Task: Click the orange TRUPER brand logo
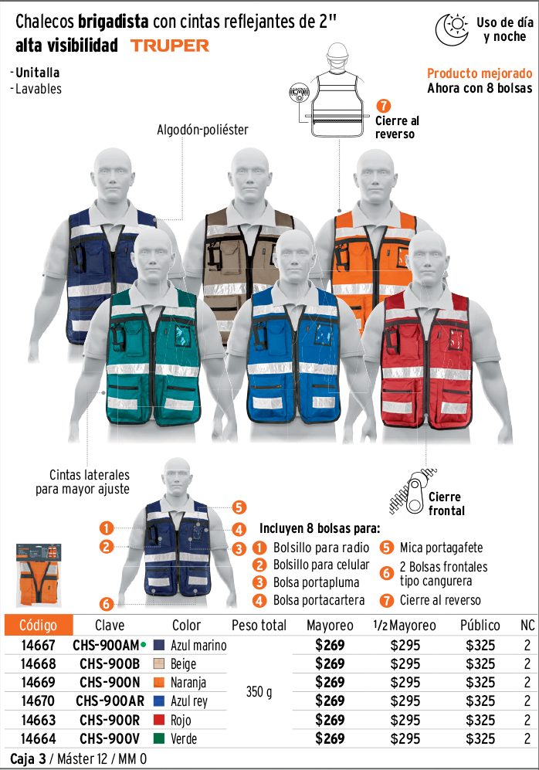(170, 46)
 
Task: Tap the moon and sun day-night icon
(452, 29)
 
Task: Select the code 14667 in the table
(39, 645)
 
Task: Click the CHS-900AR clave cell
(110, 700)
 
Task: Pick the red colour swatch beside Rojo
(158, 720)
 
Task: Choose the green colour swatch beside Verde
(158, 738)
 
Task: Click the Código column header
(39, 625)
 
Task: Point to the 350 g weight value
(259, 692)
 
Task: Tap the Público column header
(480, 625)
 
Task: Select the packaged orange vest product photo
(39, 575)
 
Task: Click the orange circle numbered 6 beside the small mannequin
(106, 603)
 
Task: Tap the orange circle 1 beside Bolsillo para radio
(259, 548)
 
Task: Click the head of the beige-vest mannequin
(250, 173)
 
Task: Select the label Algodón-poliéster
(202, 130)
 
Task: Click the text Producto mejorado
(480, 73)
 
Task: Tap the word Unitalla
(37, 73)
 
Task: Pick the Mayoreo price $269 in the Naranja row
(330, 682)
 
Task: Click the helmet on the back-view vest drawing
(337, 51)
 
